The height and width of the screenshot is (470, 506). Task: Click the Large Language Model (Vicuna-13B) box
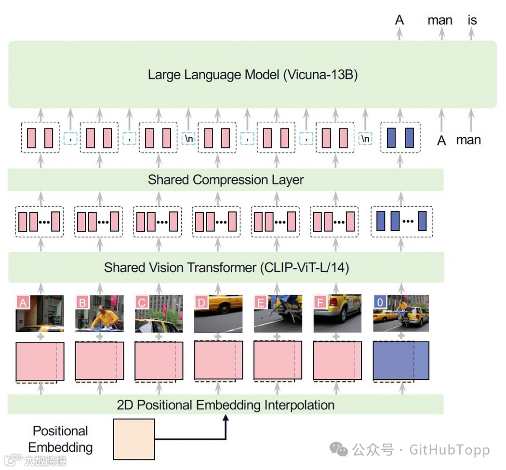coord(253,75)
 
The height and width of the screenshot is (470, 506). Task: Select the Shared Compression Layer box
coord(226,180)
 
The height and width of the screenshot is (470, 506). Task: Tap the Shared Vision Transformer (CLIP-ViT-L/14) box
coord(226,267)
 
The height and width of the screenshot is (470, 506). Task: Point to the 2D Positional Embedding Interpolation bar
coord(226,405)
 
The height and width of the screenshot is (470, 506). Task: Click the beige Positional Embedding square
coord(134,439)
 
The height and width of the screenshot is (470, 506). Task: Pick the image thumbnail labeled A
coord(40,313)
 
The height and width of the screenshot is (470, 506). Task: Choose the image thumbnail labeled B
coord(99,313)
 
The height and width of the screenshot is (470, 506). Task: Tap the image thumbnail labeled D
coord(218,313)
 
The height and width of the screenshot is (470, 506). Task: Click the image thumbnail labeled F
coord(337,313)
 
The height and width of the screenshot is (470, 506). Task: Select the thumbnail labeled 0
coord(401,313)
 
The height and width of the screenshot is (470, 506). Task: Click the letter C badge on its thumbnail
coord(142,302)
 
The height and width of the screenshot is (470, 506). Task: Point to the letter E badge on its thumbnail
coord(261,302)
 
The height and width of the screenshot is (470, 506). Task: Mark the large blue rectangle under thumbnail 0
coord(401,361)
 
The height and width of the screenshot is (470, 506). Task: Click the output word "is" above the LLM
coord(472,20)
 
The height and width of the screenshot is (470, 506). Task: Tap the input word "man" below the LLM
coord(468,140)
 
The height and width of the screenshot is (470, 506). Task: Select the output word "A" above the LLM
coord(399,20)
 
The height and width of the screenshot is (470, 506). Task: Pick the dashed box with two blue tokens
coord(400,138)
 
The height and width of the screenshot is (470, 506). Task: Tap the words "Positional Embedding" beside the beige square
coord(60,439)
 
